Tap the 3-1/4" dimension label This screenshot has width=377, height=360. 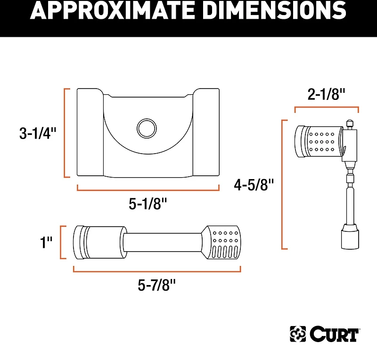click(38, 134)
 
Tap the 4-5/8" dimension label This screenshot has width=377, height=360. click(254, 185)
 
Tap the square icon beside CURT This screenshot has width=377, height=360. click(298, 334)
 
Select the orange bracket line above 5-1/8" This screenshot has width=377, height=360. click(148, 189)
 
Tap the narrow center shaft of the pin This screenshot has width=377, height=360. click(164, 242)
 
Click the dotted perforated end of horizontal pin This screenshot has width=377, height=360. click(225, 242)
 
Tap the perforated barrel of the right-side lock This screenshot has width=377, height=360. click(323, 141)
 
